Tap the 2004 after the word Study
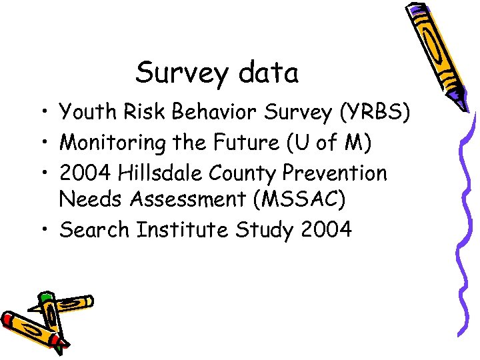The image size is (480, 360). point(326,229)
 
